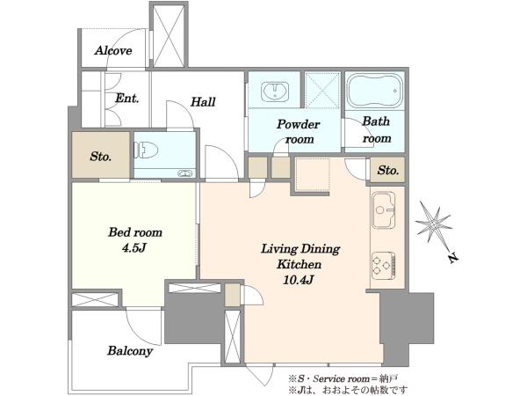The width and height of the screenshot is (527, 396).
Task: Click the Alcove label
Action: click(x=113, y=50)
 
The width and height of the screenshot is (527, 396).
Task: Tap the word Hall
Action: click(x=203, y=102)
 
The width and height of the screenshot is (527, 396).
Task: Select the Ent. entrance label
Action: click(x=127, y=99)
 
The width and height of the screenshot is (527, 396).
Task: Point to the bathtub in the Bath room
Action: click(x=374, y=91)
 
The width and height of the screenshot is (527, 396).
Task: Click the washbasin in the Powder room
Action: click(x=275, y=91)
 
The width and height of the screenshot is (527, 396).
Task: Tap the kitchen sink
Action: click(x=384, y=209)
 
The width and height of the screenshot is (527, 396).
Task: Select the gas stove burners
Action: click(x=384, y=265)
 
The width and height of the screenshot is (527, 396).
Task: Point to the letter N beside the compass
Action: click(x=453, y=258)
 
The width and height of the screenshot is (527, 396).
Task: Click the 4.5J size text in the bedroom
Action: click(x=134, y=248)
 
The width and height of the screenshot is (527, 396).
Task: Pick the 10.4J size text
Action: click(x=299, y=280)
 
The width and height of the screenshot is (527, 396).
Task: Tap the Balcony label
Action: click(x=130, y=351)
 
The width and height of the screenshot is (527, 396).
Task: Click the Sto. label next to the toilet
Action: click(x=100, y=157)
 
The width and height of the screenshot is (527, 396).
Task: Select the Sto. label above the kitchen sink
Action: click(x=388, y=170)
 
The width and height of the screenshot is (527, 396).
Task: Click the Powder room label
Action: click(x=299, y=132)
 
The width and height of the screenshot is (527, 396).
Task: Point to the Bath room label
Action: click(x=377, y=129)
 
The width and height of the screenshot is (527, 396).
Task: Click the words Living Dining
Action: click(x=300, y=249)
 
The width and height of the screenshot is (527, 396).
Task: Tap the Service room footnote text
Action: click(x=343, y=378)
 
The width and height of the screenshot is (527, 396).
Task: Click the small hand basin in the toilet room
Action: click(x=186, y=173)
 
